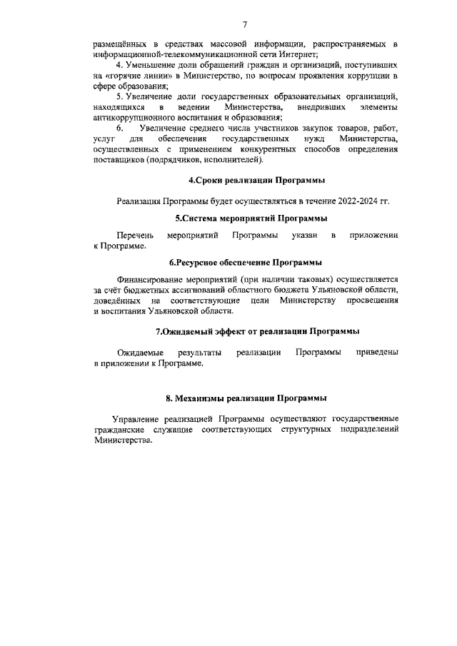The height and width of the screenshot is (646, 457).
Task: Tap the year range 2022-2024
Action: click(x=351, y=201)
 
